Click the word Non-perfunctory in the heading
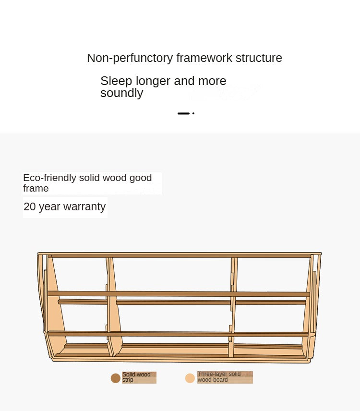[x=130, y=58]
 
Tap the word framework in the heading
[x=204, y=58]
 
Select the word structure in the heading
[x=259, y=58]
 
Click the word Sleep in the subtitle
[x=116, y=81]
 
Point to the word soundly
[x=122, y=93]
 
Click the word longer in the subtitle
[x=153, y=81]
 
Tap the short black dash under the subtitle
[x=183, y=113]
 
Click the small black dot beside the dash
[x=193, y=113]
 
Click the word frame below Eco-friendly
[x=36, y=188]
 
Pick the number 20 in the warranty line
[x=30, y=206]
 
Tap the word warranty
[x=84, y=207]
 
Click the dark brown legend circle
[x=116, y=378]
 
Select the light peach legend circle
[x=190, y=378]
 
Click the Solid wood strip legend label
[x=136, y=377]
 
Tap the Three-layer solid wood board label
[x=219, y=377]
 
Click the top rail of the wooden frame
[x=180, y=255]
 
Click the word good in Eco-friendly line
[x=141, y=178]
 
